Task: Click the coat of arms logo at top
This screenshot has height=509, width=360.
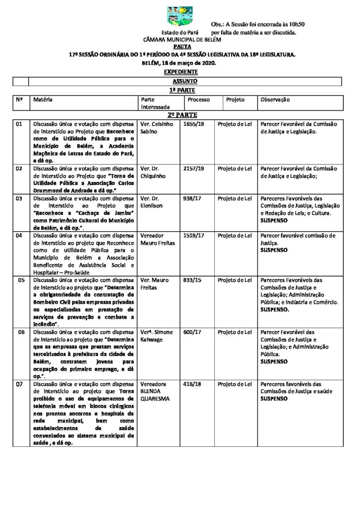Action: tap(180, 16)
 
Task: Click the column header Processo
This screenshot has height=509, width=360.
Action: tap(198, 99)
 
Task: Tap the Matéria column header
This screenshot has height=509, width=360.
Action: tap(43, 99)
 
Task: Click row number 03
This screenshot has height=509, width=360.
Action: tap(19, 199)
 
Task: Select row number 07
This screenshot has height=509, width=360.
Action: tap(19, 384)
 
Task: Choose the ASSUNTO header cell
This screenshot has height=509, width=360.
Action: tap(185, 81)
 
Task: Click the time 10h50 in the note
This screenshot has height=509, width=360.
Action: tap(295, 24)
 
